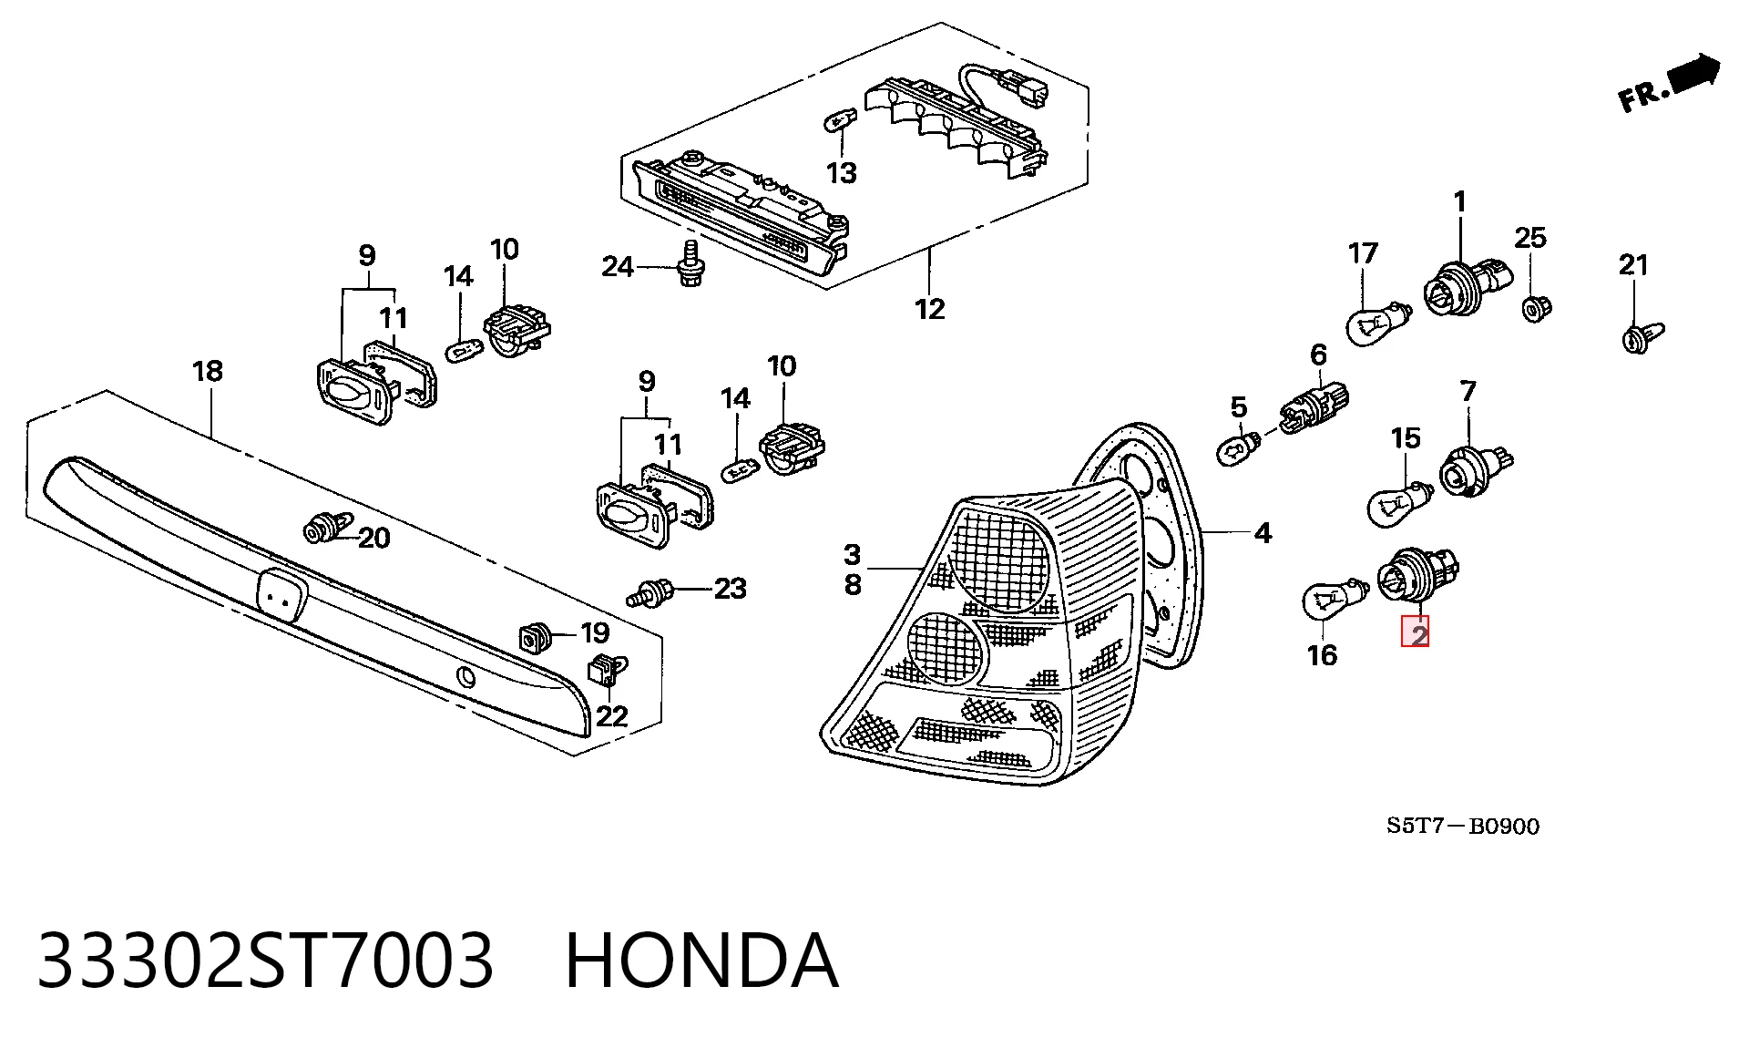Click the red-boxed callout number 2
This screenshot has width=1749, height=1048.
[x=1415, y=632]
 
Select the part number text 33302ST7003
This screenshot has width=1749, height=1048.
[x=265, y=961]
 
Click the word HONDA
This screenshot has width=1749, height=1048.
[x=701, y=961]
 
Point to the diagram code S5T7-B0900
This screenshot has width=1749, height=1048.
[x=1463, y=826]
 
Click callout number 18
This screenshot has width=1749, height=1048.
[x=208, y=371]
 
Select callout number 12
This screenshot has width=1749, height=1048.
[x=930, y=310]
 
